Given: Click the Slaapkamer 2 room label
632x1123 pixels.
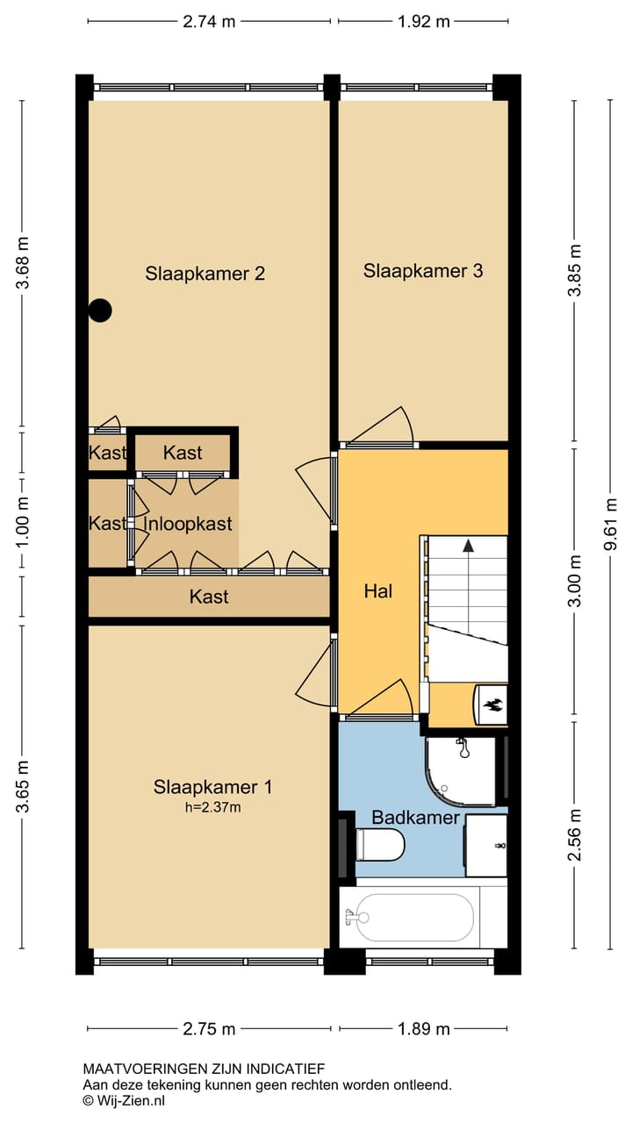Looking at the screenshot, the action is (x=205, y=274).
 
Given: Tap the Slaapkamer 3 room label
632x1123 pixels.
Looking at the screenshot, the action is (x=423, y=271).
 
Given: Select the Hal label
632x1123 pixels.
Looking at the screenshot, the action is (x=378, y=591).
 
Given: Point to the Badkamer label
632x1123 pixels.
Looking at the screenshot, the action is (x=415, y=818).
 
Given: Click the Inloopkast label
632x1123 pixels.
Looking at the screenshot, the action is (x=188, y=524).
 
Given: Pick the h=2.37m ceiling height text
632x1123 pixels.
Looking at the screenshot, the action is (x=212, y=807).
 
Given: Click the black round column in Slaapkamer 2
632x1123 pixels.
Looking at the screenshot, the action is (x=100, y=311).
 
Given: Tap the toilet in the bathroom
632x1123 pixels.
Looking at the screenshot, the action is (x=380, y=845).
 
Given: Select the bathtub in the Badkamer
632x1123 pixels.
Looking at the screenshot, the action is (x=414, y=918).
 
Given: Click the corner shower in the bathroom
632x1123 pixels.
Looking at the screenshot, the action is (x=461, y=771).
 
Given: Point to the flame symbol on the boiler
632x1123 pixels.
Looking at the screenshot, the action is (x=491, y=705).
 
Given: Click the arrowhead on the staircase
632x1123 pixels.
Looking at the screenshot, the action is (x=469, y=546).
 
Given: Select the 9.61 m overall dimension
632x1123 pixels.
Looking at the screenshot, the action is (x=610, y=524).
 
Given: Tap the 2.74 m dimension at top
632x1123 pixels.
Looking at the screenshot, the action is (x=209, y=22).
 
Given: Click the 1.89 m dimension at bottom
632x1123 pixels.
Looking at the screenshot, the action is (x=424, y=1029).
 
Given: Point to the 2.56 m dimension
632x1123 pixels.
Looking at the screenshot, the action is (x=575, y=834).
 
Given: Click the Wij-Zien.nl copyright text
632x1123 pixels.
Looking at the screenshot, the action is (x=124, y=1101).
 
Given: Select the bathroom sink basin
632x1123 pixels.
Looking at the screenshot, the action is (x=486, y=846).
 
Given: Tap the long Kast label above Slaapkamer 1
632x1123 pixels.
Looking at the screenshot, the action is (x=209, y=597).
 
